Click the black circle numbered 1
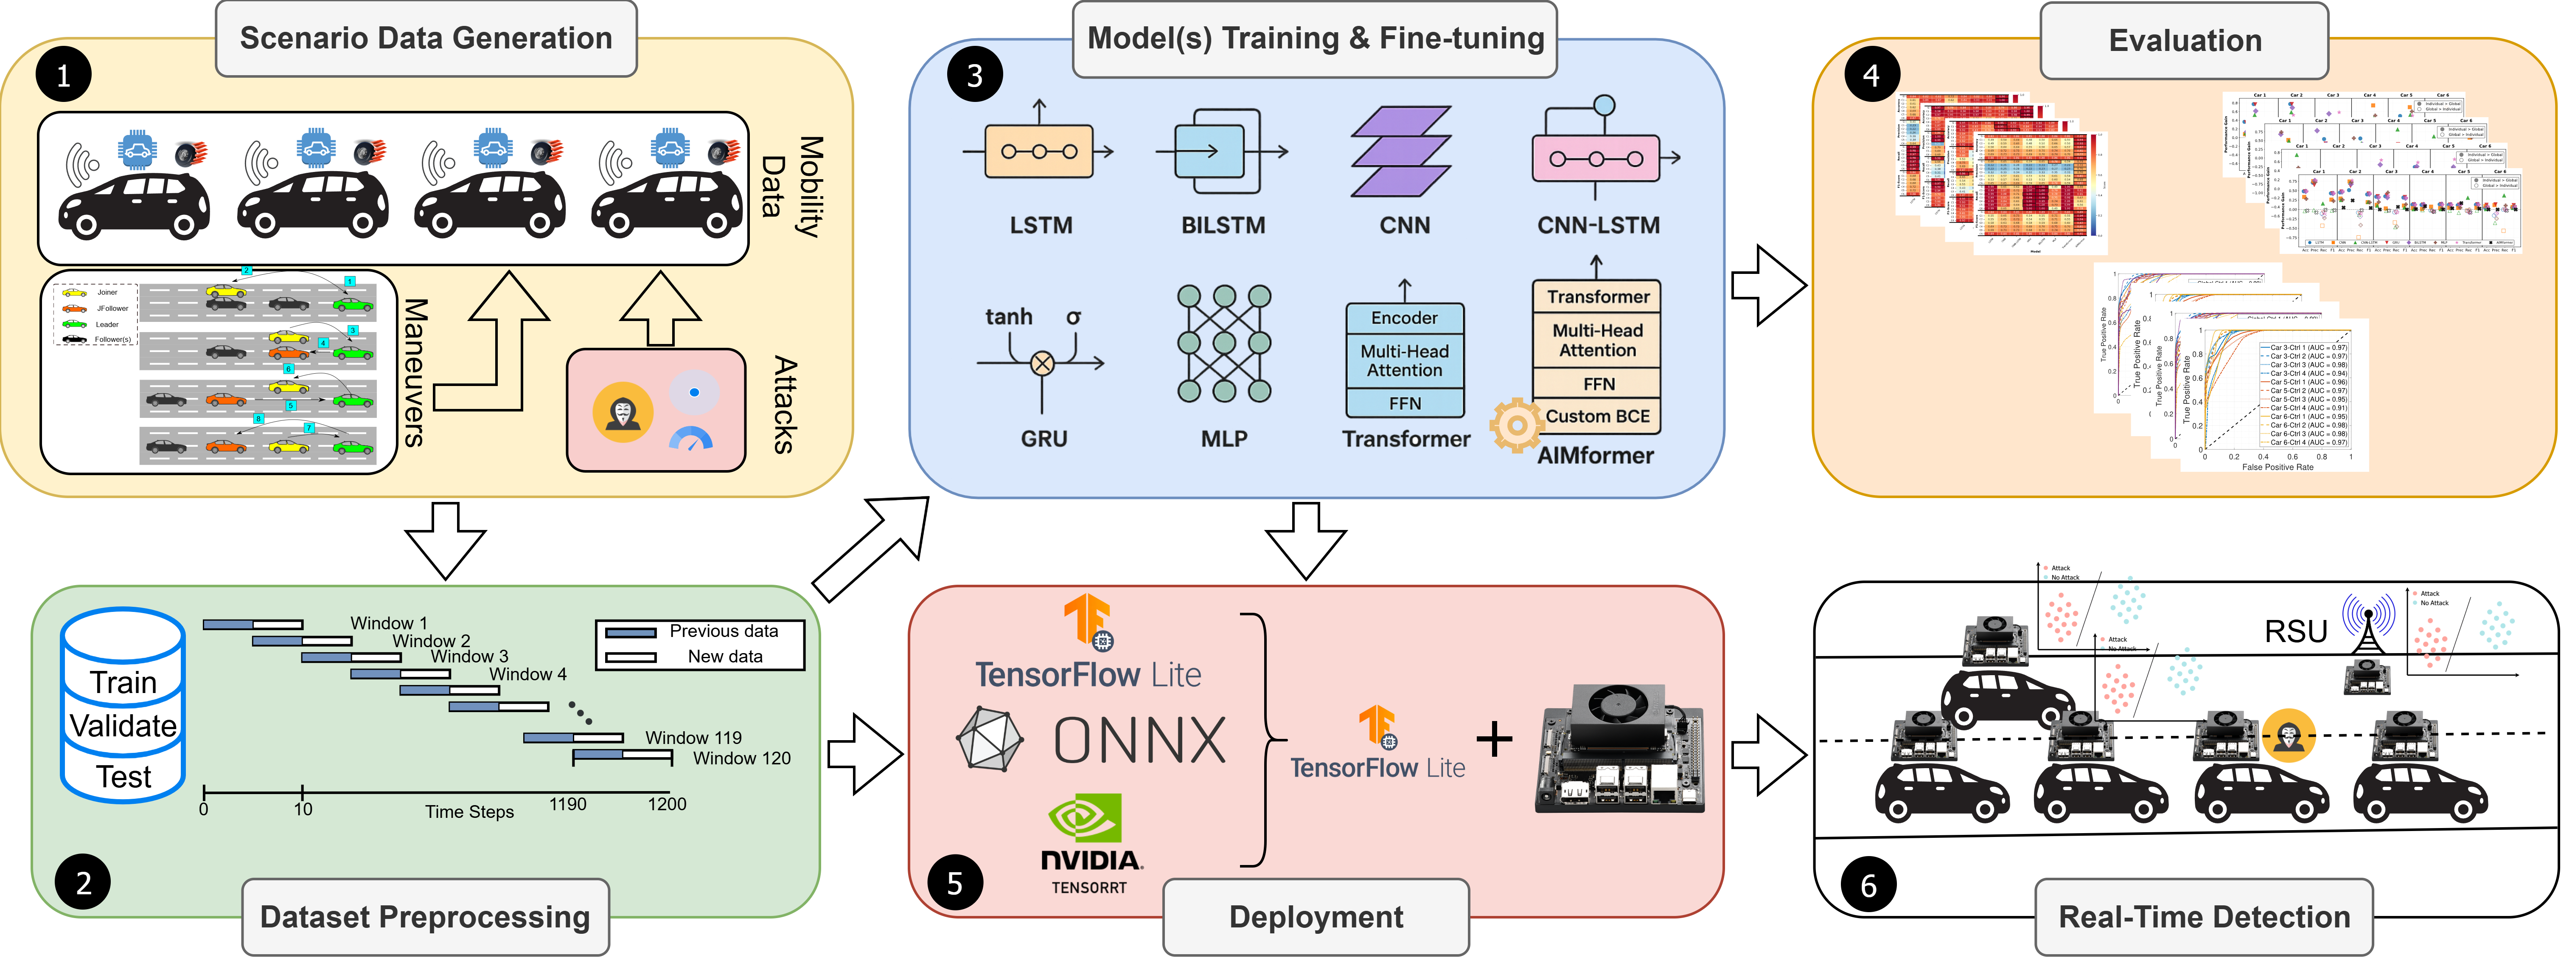63,75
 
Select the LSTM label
1041,225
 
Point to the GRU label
1043,438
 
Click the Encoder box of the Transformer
1404,318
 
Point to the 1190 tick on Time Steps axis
567,804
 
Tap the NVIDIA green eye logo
1085,819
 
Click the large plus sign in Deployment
1494,739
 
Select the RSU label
2295,631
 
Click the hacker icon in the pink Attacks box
623,412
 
